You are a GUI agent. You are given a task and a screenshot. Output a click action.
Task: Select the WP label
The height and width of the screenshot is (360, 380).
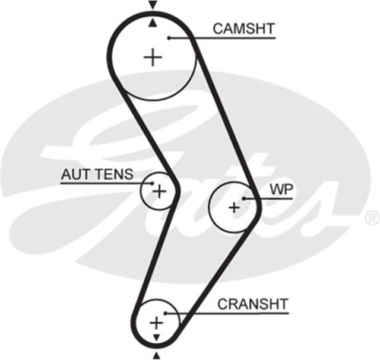pyautogui.click(x=281, y=189)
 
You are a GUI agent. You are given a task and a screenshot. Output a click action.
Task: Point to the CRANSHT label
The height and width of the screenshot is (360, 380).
pyautogui.click(x=252, y=304)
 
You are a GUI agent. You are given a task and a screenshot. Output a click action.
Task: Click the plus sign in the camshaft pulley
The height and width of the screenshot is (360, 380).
pyautogui.click(x=153, y=57)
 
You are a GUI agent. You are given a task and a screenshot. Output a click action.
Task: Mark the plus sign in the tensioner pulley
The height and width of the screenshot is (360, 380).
pyautogui.click(x=159, y=191)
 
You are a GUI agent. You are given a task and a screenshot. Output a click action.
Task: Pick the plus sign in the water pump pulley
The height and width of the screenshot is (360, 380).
pyautogui.click(x=234, y=207)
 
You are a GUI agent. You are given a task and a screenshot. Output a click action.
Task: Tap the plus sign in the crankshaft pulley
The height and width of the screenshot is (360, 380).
pyautogui.click(x=156, y=323)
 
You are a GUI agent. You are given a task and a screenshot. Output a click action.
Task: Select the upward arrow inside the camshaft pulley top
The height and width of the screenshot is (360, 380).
pyautogui.click(x=153, y=23)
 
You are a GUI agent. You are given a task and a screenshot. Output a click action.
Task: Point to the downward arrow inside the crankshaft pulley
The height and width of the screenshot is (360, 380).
pyautogui.click(x=156, y=337)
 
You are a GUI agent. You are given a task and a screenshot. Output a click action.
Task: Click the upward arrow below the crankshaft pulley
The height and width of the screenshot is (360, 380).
pyautogui.click(x=156, y=355)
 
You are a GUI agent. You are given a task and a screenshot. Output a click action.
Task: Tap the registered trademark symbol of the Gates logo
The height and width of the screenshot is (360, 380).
pyautogui.click(x=372, y=217)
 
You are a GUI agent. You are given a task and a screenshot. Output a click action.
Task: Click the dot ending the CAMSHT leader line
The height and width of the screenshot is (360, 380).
pyautogui.click(x=169, y=38)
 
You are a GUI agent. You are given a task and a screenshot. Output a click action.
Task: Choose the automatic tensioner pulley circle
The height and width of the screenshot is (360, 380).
pyautogui.click(x=146, y=199)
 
